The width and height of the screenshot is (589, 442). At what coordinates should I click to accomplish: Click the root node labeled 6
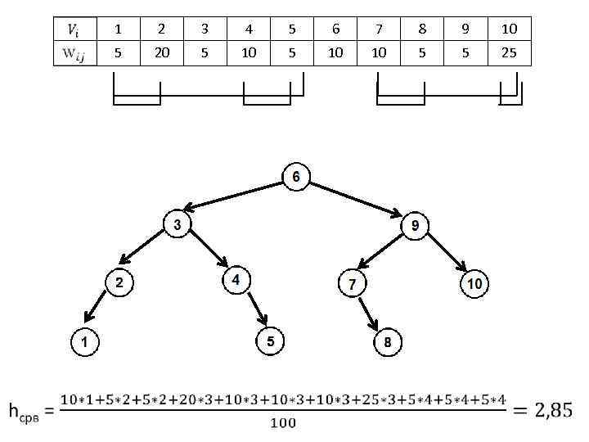(x=296, y=177)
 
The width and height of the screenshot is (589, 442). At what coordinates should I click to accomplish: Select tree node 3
(x=178, y=224)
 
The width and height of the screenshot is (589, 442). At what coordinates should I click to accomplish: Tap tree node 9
(x=416, y=225)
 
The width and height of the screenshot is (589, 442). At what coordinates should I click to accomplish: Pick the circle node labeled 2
(x=119, y=283)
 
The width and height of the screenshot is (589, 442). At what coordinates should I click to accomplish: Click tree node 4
(x=236, y=280)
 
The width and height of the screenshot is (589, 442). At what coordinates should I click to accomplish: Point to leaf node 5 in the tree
(x=271, y=341)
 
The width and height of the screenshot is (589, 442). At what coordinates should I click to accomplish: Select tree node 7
(x=352, y=284)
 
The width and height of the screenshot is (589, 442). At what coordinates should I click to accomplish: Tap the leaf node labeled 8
(x=388, y=342)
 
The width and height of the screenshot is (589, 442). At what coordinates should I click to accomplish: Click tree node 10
(x=474, y=284)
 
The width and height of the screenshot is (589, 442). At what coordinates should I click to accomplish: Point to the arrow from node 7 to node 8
(x=369, y=314)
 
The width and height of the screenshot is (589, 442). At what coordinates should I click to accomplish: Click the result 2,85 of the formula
(x=546, y=408)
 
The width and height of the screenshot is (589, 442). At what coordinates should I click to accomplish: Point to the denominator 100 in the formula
(x=283, y=423)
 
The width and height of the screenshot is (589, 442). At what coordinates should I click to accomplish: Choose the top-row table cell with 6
(x=335, y=29)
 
